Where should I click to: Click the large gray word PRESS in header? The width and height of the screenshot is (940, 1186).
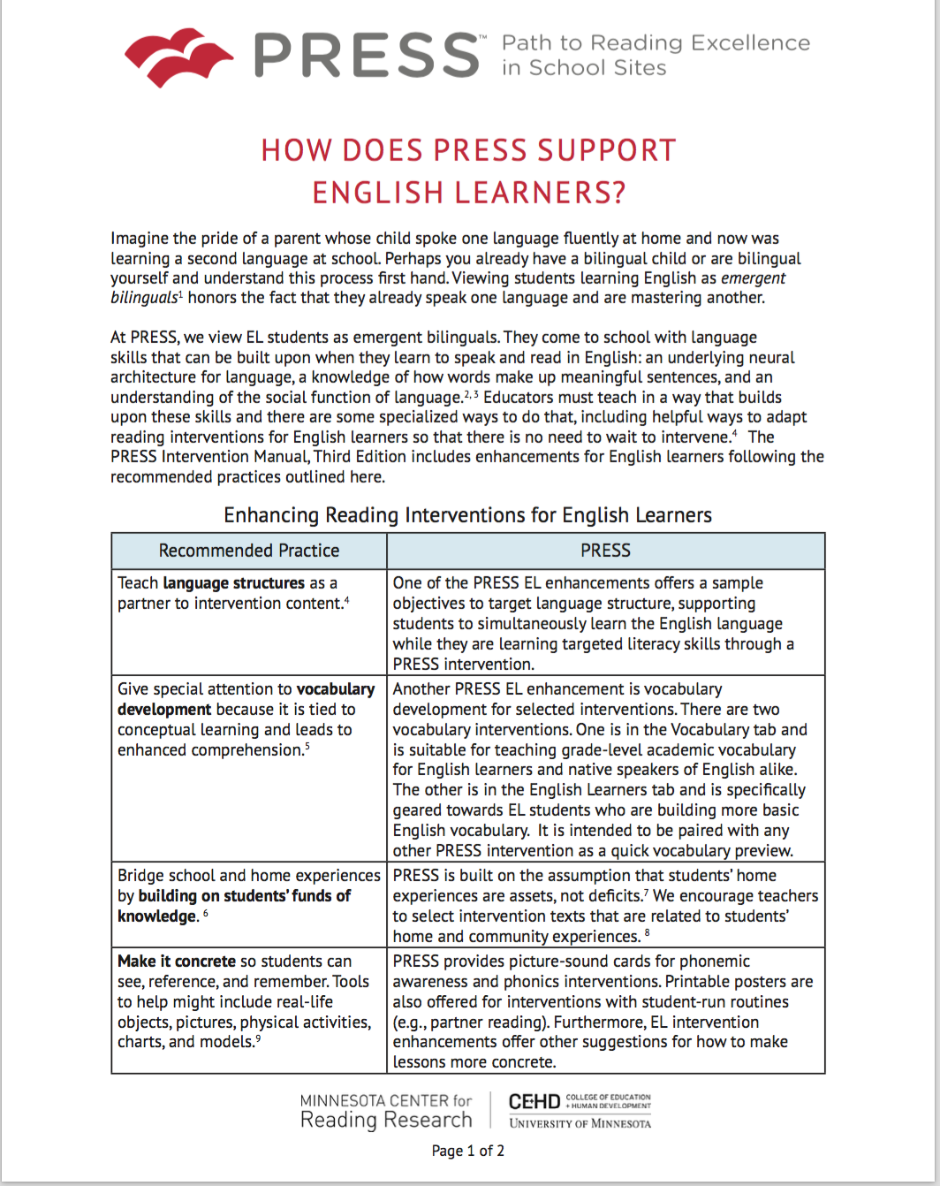pyautogui.click(x=367, y=56)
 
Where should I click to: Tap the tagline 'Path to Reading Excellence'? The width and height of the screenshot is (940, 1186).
pyautogui.click(x=656, y=42)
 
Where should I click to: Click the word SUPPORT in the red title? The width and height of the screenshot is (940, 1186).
pyautogui.click(x=595, y=150)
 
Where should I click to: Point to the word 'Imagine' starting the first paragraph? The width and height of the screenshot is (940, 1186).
pyautogui.click(x=138, y=239)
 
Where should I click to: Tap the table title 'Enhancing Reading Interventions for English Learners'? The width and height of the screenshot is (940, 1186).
pyautogui.click(x=467, y=515)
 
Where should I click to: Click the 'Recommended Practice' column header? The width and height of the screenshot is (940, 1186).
pyautogui.click(x=249, y=551)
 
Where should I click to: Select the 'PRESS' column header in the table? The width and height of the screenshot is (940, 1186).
pyautogui.click(x=605, y=551)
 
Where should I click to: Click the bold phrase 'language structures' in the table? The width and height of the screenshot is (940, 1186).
pyautogui.click(x=233, y=583)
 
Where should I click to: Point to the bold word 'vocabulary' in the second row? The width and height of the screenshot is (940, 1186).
pyautogui.click(x=336, y=689)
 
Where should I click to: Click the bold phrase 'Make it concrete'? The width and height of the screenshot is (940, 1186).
pyautogui.click(x=177, y=962)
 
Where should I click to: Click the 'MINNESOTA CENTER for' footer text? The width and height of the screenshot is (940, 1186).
pyautogui.click(x=386, y=1101)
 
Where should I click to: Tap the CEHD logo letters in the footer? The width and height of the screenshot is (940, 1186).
pyautogui.click(x=534, y=1102)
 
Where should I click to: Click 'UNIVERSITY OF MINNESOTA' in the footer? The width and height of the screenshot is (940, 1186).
pyautogui.click(x=580, y=1123)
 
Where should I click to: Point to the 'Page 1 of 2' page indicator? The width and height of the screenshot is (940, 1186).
pyautogui.click(x=468, y=1151)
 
